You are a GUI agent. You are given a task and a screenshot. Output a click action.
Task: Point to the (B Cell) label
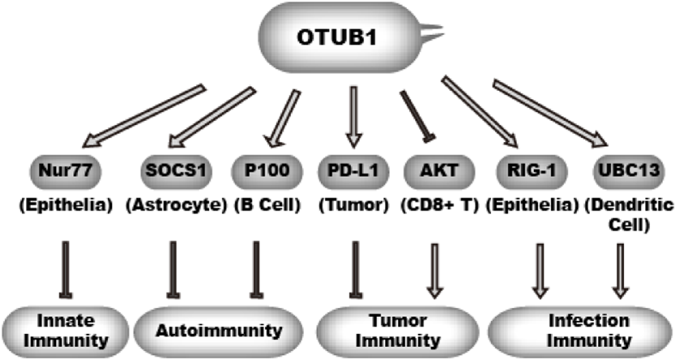268,206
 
